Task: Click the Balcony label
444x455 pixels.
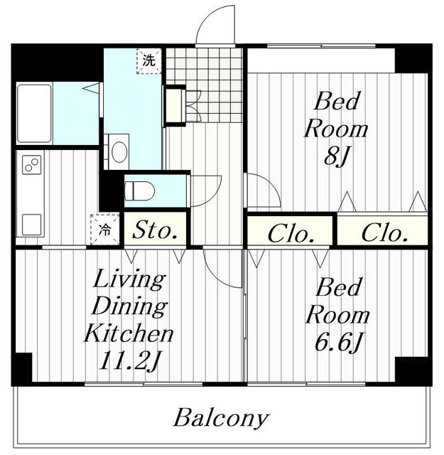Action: point(222,417)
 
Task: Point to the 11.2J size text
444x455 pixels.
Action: point(129,360)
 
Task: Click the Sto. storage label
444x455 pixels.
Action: point(155,230)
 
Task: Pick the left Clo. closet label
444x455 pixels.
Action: point(291,234)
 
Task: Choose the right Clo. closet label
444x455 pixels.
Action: point(385,232)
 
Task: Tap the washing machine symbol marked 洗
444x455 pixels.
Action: point(148,60)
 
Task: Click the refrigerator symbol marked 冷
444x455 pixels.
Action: point(104,229)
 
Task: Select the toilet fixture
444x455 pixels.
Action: point(139,191)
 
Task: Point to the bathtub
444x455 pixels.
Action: point(35,114)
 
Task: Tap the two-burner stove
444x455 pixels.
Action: point(31,164)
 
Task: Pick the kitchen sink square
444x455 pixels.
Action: point(31,224)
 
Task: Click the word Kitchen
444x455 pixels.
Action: point(129,333)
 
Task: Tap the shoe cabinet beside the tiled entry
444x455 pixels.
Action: point(175,106)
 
